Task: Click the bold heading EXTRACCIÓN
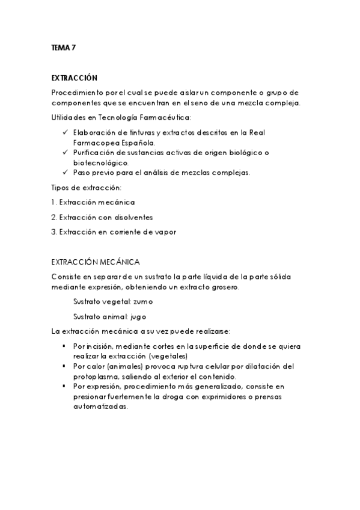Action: click(x=74, y=78)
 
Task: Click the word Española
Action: click(x=137, y=143)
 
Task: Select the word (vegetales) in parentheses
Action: click(x=168, y=356)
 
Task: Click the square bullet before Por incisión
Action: click(x=64, y=346)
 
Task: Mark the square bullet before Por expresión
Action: click(x=64, y=386)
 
